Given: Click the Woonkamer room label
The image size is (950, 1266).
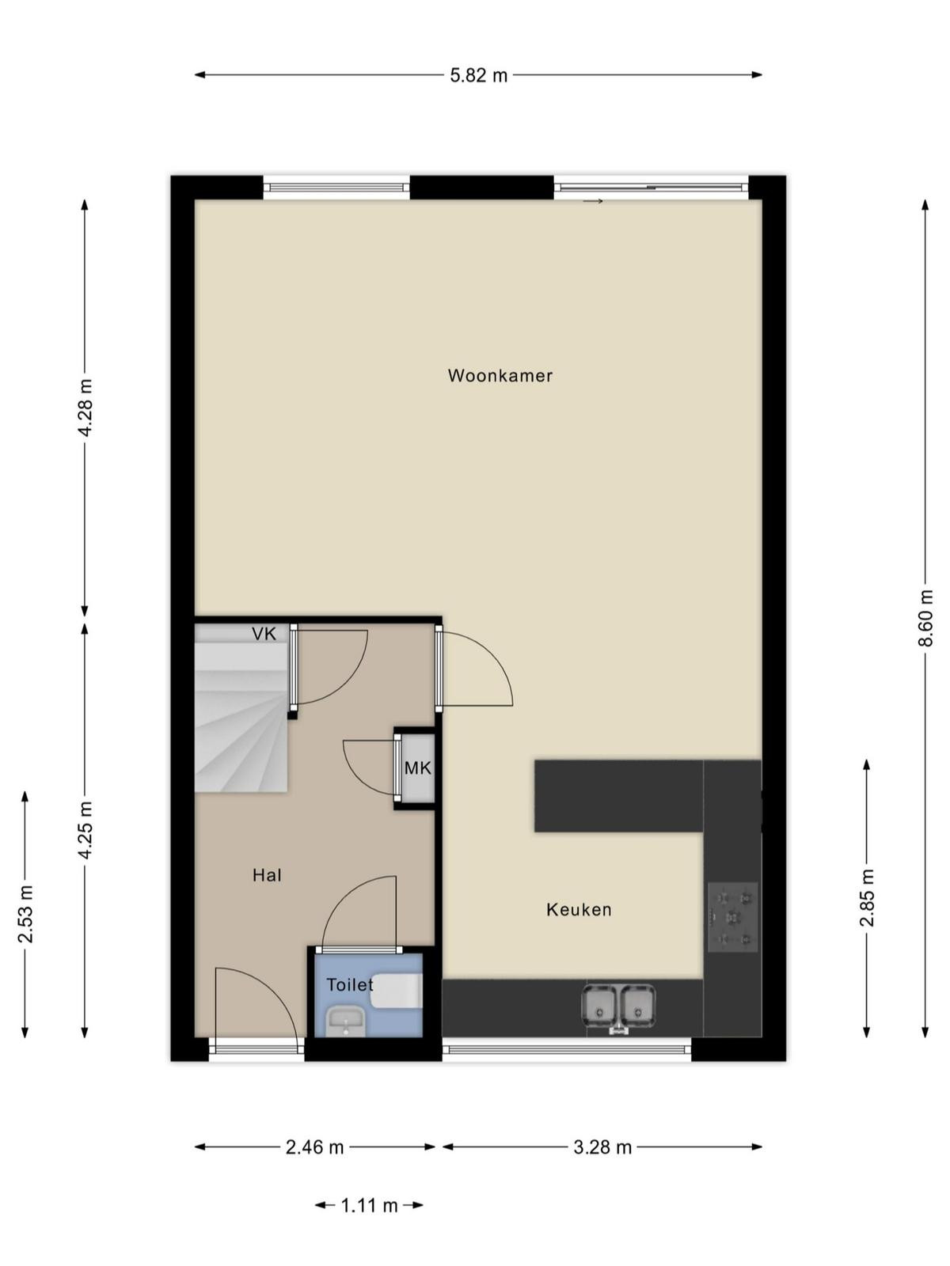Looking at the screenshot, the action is (x=500, y=376).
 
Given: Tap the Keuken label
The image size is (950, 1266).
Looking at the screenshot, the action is (x=579, y=910).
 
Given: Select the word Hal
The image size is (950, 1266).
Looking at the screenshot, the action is (x=267, y=876).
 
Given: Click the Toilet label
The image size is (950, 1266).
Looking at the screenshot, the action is (x=350, y=984).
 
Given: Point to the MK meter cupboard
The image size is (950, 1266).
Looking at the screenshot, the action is (x=418, y=768).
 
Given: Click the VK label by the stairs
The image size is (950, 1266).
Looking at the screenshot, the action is (x=264, y=635).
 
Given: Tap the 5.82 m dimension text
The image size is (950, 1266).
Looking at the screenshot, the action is (x=479, y=75).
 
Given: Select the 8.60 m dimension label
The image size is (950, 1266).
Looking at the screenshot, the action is (x=925, y=618).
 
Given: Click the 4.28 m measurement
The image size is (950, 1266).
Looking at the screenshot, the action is (x=85, y=407).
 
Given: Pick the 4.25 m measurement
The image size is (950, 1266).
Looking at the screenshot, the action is (x=85, y=830).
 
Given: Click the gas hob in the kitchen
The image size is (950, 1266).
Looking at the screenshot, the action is (x=732, y=916).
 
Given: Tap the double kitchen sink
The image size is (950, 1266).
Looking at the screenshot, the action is (x=619, y=1008).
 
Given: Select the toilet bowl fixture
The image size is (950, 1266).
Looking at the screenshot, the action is (x=397, y=991).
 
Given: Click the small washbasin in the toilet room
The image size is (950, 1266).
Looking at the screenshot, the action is (x=345, y=1022).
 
